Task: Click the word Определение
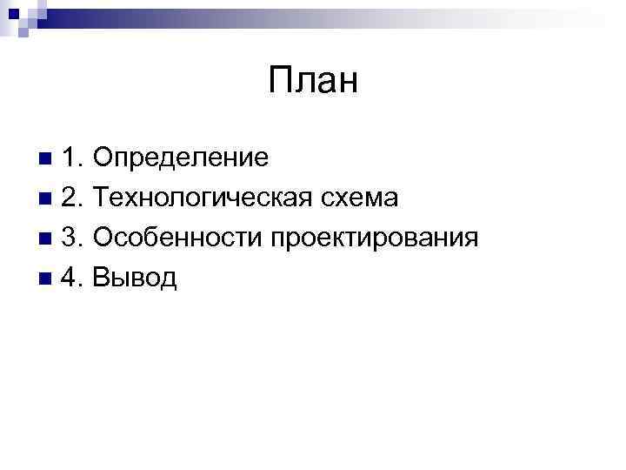pyautogui.click(x=181, y=158)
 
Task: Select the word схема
pyautogui.click(x=359, y=198)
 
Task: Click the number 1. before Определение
pyautogui.click(x=73, y=158)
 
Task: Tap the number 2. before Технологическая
pyautogui.click(x=73, y=198)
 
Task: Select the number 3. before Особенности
pyautogui.click(x=73, y=238)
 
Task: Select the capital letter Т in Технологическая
pyautogui.click(x=102, y=198)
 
